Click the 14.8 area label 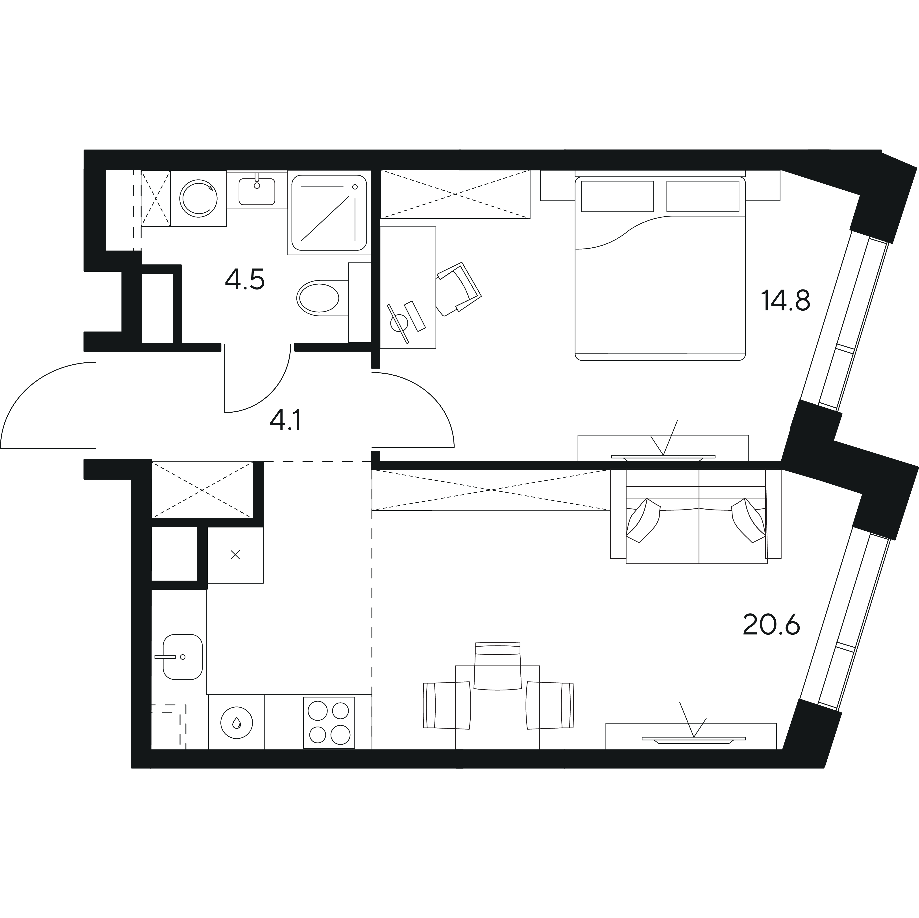785,300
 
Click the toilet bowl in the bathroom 318,298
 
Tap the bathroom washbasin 257,191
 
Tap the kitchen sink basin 183,657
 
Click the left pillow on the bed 618,196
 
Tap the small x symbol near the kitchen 235,555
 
